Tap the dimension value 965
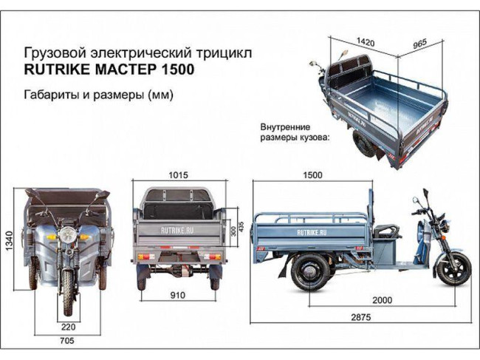420,44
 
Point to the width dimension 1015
176,176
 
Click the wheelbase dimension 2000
381,301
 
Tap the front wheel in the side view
451,269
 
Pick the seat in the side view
384,231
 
